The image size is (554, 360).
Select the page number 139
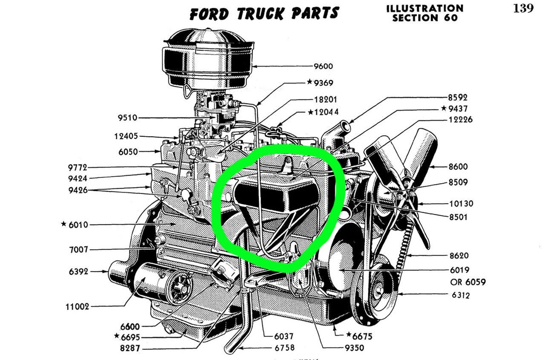pos(523,9)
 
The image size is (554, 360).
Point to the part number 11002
pos(78,306)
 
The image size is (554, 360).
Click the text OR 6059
pos(467,282)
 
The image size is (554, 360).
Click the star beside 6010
pos(63,224)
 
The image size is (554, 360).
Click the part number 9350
pos(355,348)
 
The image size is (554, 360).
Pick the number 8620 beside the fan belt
pos(459,256)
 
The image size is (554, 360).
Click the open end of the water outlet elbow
pos(344,126)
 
